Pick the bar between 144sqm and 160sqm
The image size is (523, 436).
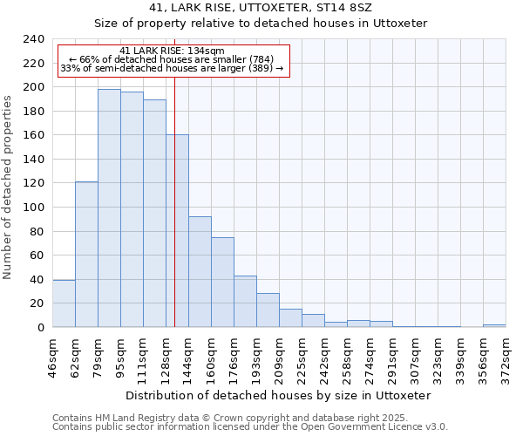(200, 271)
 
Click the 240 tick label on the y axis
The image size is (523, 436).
(33, 39)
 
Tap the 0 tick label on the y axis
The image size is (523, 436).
(40, 328)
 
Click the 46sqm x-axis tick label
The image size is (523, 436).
(53, 355)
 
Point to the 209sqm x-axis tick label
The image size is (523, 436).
(280, 355)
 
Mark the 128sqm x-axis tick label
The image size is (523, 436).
(166, 355)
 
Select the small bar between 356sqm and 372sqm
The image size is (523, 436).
(494, 325)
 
